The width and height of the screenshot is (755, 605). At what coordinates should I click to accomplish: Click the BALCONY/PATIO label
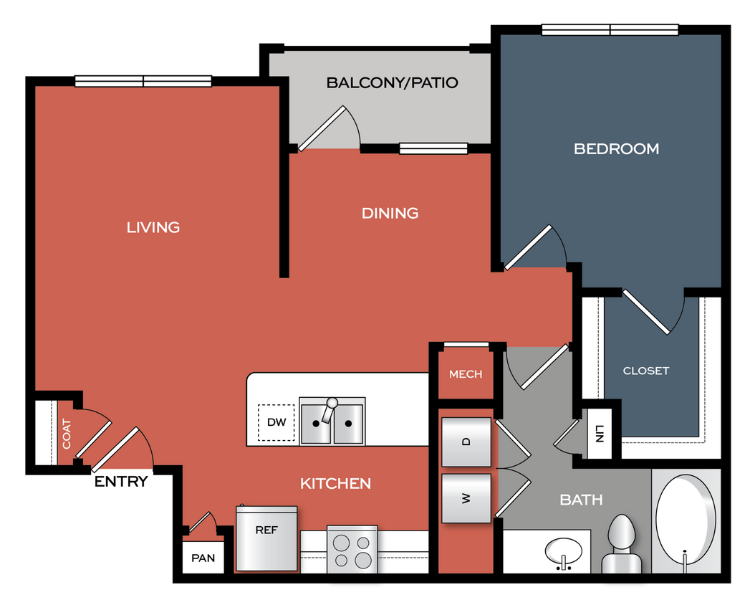[392, 82]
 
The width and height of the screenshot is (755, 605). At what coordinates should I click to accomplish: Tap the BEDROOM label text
[616, 149]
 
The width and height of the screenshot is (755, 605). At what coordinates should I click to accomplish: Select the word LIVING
[153, 227]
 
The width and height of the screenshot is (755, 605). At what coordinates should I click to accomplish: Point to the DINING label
[390, 213]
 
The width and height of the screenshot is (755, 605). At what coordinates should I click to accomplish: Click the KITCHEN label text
[335, 484]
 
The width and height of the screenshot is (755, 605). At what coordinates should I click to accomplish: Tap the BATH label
[581, 500]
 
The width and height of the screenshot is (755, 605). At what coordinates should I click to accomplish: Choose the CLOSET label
[645, 371]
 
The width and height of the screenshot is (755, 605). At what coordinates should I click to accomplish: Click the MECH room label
[466, 374]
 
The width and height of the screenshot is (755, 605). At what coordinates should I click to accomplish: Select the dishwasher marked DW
[276, 422]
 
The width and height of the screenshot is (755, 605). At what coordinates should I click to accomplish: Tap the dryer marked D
[466, 441]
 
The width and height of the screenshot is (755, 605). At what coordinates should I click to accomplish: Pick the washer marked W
[466, 498]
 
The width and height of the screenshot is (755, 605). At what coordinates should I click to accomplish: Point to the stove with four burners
[352, 550]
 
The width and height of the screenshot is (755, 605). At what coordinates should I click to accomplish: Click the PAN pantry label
[203, 558]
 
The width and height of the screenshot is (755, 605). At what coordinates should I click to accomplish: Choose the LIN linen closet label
[600, 434]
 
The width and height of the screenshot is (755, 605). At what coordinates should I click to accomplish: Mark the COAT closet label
[67, 433]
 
